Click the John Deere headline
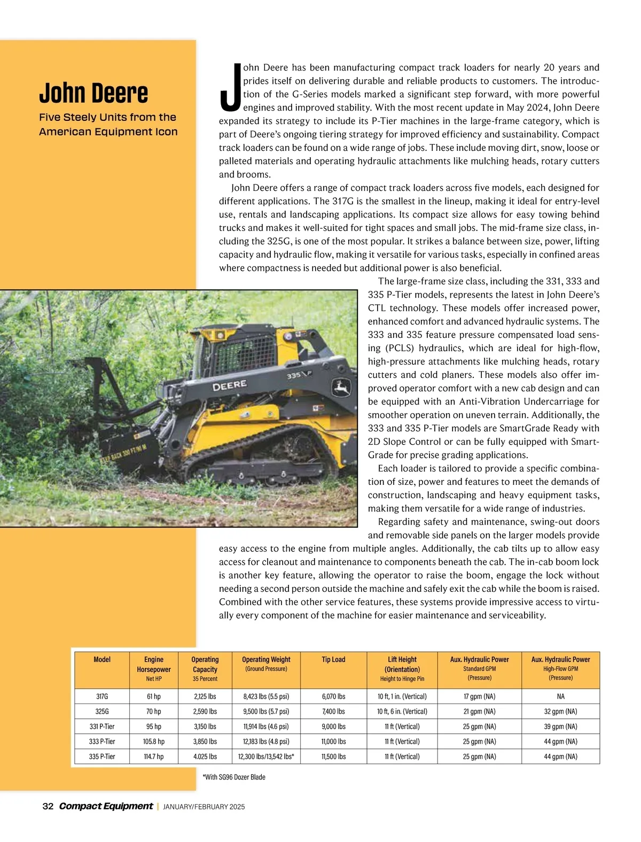click(93, 93)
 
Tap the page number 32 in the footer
click(48, 806)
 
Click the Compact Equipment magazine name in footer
click(106, 806)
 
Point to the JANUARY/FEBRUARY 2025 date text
click(204, 807)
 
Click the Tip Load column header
click(333, 660)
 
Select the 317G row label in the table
click(102, 697)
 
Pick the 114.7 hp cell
click(154, 756)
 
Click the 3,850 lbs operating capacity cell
click(205, 741)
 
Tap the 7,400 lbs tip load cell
click(333, 712)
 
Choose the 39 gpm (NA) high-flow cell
click(560, 727)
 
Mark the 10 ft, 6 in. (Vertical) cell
click(402, 712)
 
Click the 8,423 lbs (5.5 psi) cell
click(266, 697)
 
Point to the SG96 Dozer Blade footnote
click(234, 777)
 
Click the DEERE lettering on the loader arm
click(230, 385)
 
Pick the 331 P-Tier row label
click(102, 727)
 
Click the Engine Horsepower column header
click(154, 665)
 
